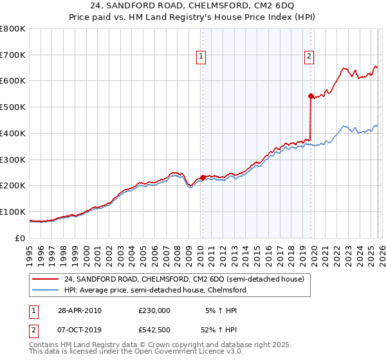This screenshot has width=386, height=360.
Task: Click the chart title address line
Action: point(192,8)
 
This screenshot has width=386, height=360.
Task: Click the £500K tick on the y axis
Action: point(12,107)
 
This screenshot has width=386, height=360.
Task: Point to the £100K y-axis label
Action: point(12,212)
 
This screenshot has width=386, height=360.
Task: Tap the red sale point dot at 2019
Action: point(311,96)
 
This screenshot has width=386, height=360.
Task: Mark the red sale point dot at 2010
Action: point(203,177)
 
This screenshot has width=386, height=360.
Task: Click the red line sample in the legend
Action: point(46,279)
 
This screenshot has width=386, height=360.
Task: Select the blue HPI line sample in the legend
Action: point(46,290)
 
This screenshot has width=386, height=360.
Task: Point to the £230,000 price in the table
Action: point(154,310)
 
